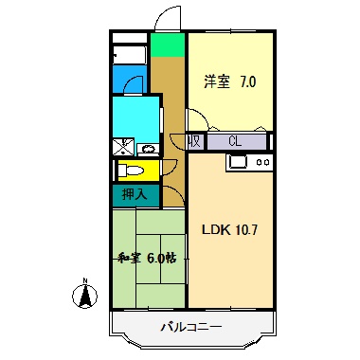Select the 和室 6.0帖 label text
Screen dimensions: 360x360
(147, 256)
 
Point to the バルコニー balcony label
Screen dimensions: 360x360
(190, 327)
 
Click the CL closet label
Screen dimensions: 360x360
(234, 142)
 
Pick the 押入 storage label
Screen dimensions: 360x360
(134, 194)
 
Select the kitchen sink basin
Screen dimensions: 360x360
(237, 162)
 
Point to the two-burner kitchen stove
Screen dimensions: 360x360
(262, 162)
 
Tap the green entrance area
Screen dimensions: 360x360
(168, 45)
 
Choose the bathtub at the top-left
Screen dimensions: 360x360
(129, 54)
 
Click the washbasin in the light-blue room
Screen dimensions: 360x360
(148, 149)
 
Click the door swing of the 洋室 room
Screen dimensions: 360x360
(196, 120)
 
